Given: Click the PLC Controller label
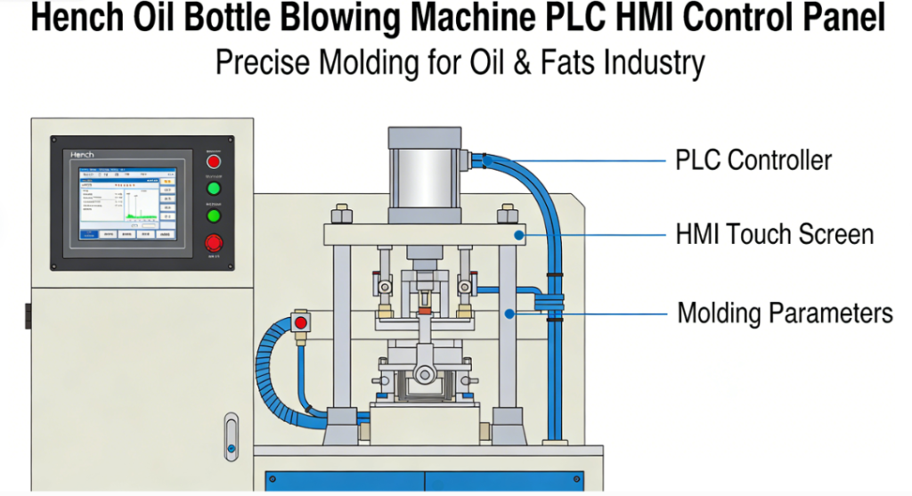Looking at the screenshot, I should tap(753, 161).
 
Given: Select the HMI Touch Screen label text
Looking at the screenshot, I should tap(774, 235).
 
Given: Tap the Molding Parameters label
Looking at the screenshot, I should tap(785, 313).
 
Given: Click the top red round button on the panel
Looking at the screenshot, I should tap(214, 161).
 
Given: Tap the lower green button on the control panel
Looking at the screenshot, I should tap(214, 215).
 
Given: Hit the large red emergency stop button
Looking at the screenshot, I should tap(214, 242).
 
